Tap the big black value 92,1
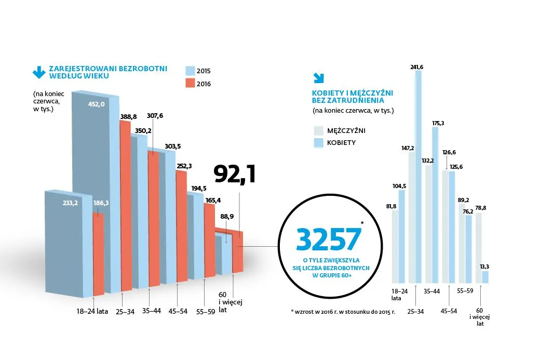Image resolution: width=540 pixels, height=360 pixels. pos(235,175)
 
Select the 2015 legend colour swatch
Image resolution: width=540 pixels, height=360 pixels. pos(190,71)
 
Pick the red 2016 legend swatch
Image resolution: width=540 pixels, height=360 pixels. pos(190,84)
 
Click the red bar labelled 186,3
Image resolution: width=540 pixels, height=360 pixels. pos(98,249)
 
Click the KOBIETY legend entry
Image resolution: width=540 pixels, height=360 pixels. pos(341,142)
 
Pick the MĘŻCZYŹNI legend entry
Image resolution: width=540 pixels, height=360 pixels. pos(346,129)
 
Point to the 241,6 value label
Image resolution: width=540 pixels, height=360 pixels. pos(417,67)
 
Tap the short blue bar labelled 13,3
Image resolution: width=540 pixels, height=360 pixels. pos(485,277)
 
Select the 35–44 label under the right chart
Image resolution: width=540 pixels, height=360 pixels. pos(432,291)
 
